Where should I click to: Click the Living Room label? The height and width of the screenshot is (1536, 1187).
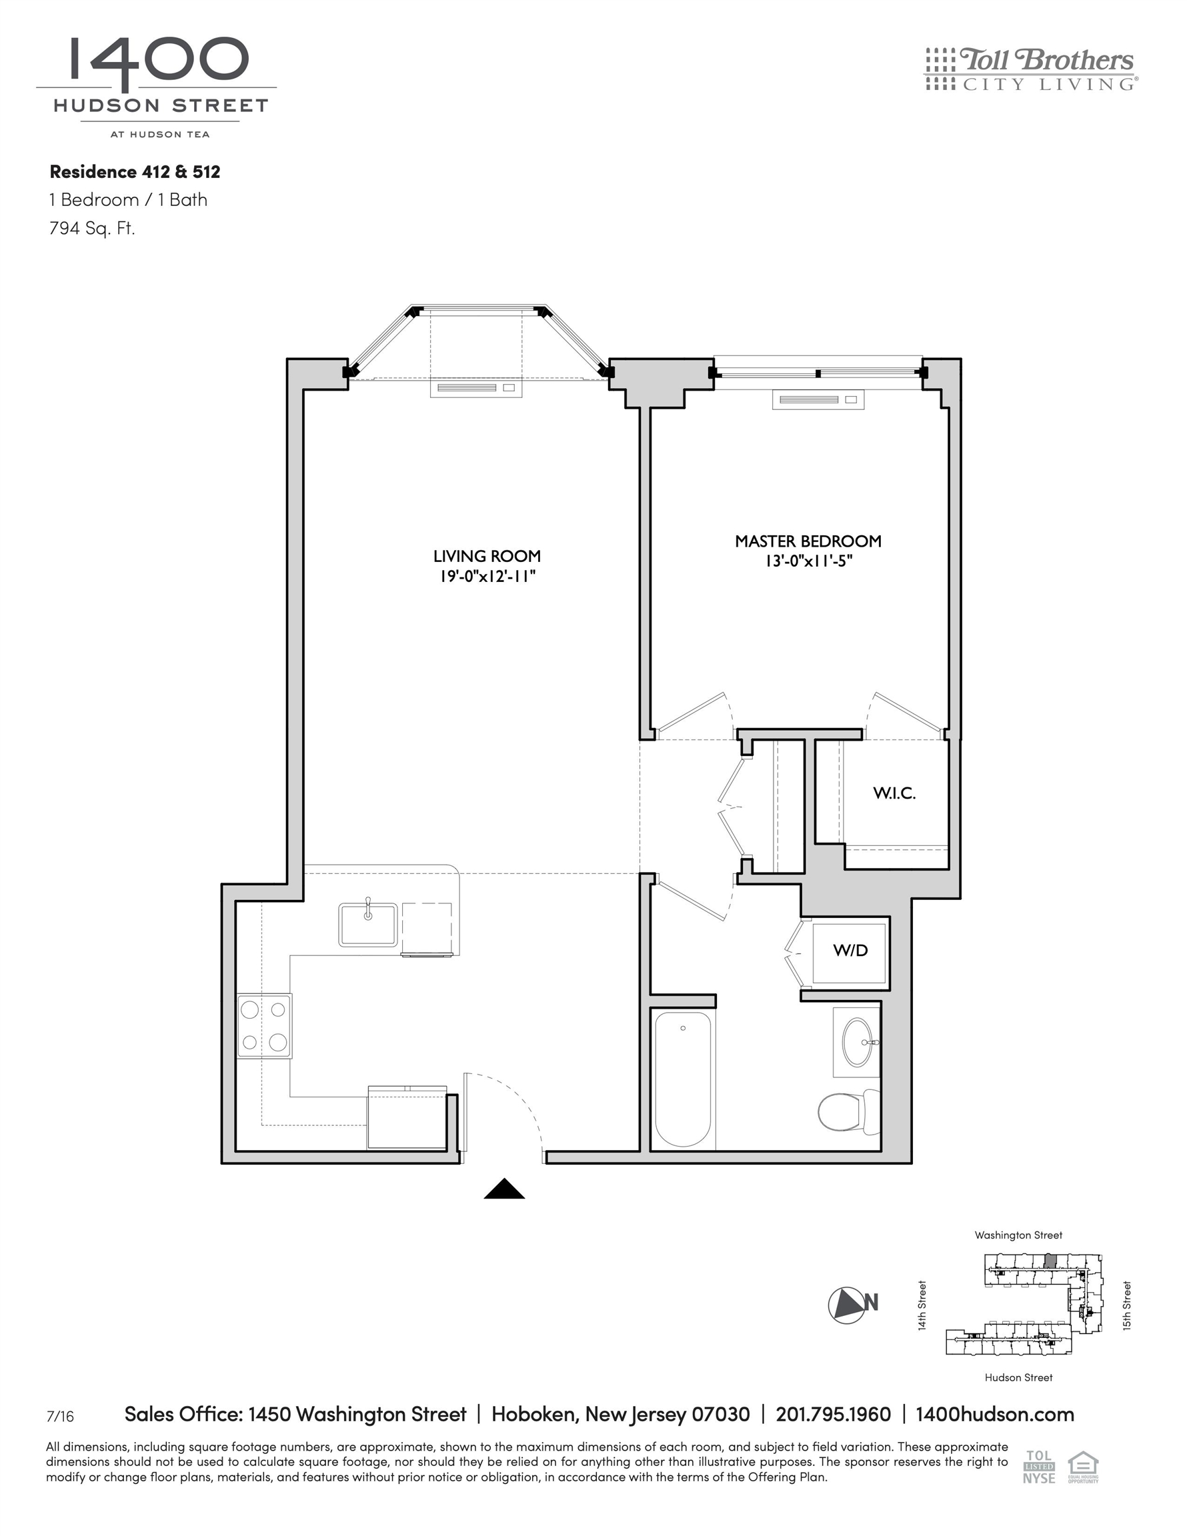[487, 555]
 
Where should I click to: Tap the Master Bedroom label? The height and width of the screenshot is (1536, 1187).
[808, 541]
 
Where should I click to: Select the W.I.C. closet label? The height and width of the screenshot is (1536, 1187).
[894, 793]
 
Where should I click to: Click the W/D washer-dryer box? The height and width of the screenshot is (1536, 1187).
[850, 951]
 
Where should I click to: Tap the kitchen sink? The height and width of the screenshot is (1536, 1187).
[368, 925]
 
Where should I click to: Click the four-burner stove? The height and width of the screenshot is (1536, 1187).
[264, 1026]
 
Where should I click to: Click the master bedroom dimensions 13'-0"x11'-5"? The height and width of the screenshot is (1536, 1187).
[808, 561]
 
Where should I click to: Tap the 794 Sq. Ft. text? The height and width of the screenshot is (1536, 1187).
[91, 228]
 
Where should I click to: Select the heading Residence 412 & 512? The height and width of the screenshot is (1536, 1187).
[135, 171]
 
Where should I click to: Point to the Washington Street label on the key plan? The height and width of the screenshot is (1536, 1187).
[1018, 1235]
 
